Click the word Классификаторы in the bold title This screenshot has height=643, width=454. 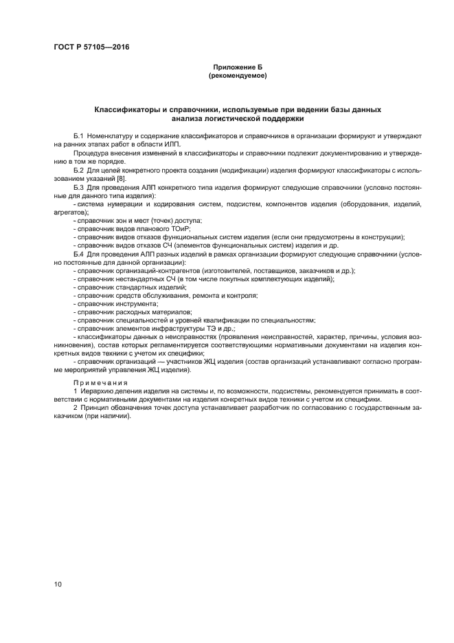[x=127, y=110]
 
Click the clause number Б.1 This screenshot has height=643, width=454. [x=78, y=138]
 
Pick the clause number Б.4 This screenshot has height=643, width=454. [x=78, y=254]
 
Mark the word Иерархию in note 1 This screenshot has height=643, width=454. [x=95, y=391]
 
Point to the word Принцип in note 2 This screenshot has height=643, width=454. [x=93, y=408]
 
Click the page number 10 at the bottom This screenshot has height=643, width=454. [x=58, y=584]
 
